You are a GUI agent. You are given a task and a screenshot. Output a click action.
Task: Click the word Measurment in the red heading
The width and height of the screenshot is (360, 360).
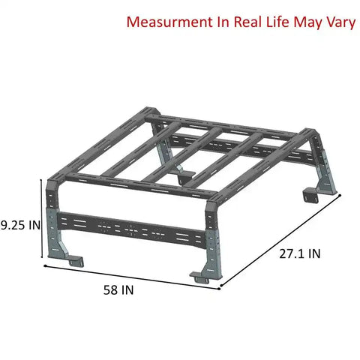coord(166,21)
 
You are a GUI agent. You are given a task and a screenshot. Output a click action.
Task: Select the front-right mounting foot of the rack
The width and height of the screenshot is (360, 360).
coord(201,274)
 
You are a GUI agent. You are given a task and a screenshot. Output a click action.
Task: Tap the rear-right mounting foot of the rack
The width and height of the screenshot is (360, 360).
coord(308,196)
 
